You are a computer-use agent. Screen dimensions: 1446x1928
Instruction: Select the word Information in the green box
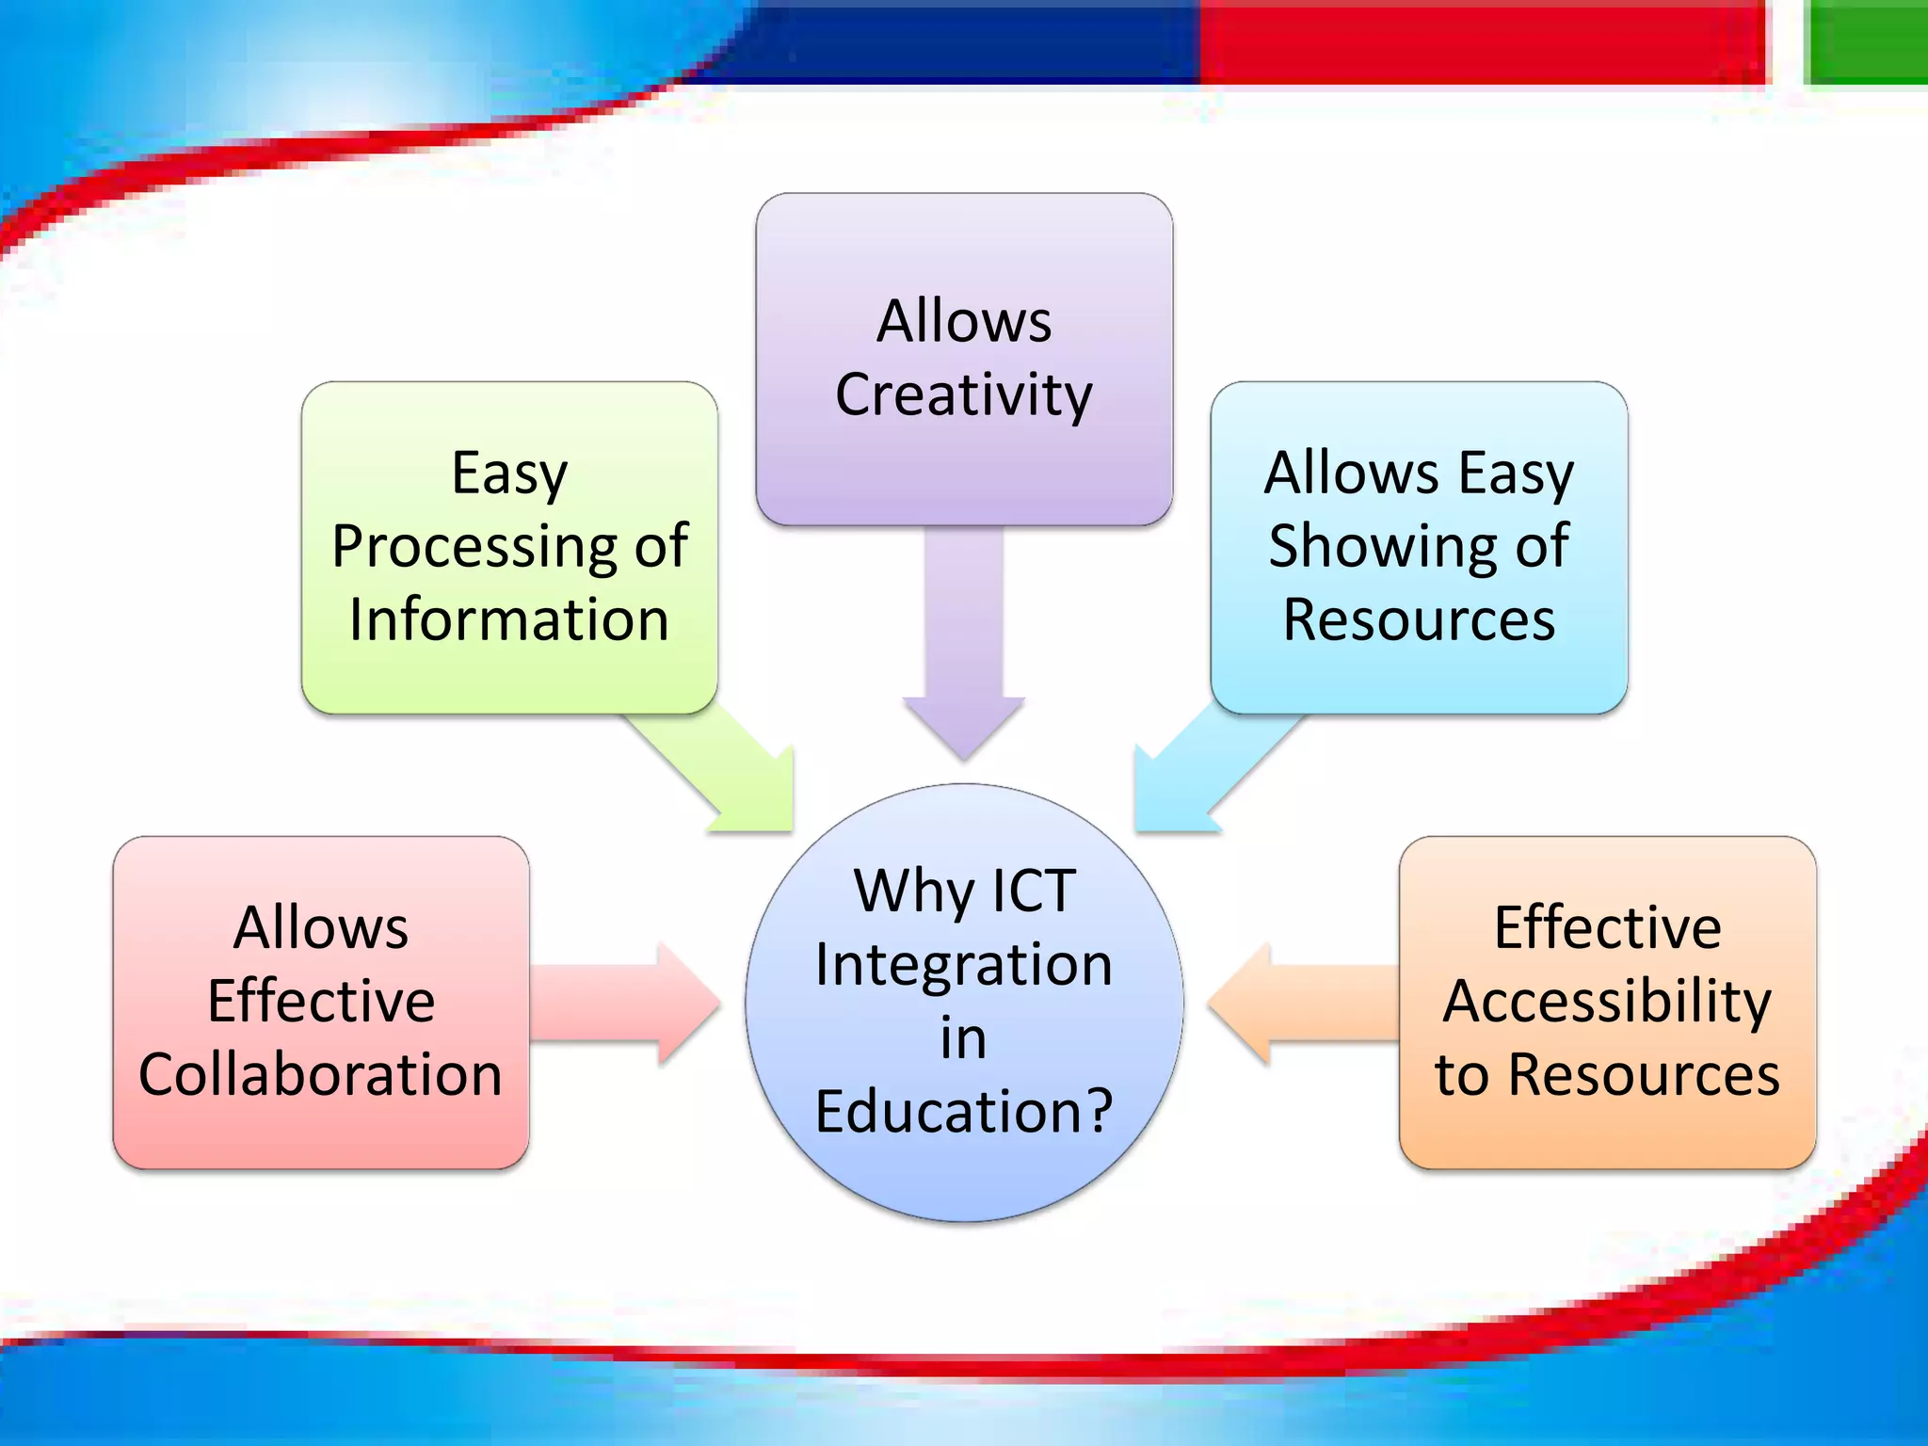508,620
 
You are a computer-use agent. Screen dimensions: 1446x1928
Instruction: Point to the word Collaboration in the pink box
320,1075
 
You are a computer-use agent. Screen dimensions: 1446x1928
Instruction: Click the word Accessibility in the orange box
1607,1002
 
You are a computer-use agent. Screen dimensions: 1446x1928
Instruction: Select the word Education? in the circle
963,1112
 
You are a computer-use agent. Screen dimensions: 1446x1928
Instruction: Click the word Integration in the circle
963,965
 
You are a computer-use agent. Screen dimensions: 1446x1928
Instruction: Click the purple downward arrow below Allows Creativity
963,650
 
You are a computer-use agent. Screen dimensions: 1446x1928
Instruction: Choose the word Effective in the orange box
1607,928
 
